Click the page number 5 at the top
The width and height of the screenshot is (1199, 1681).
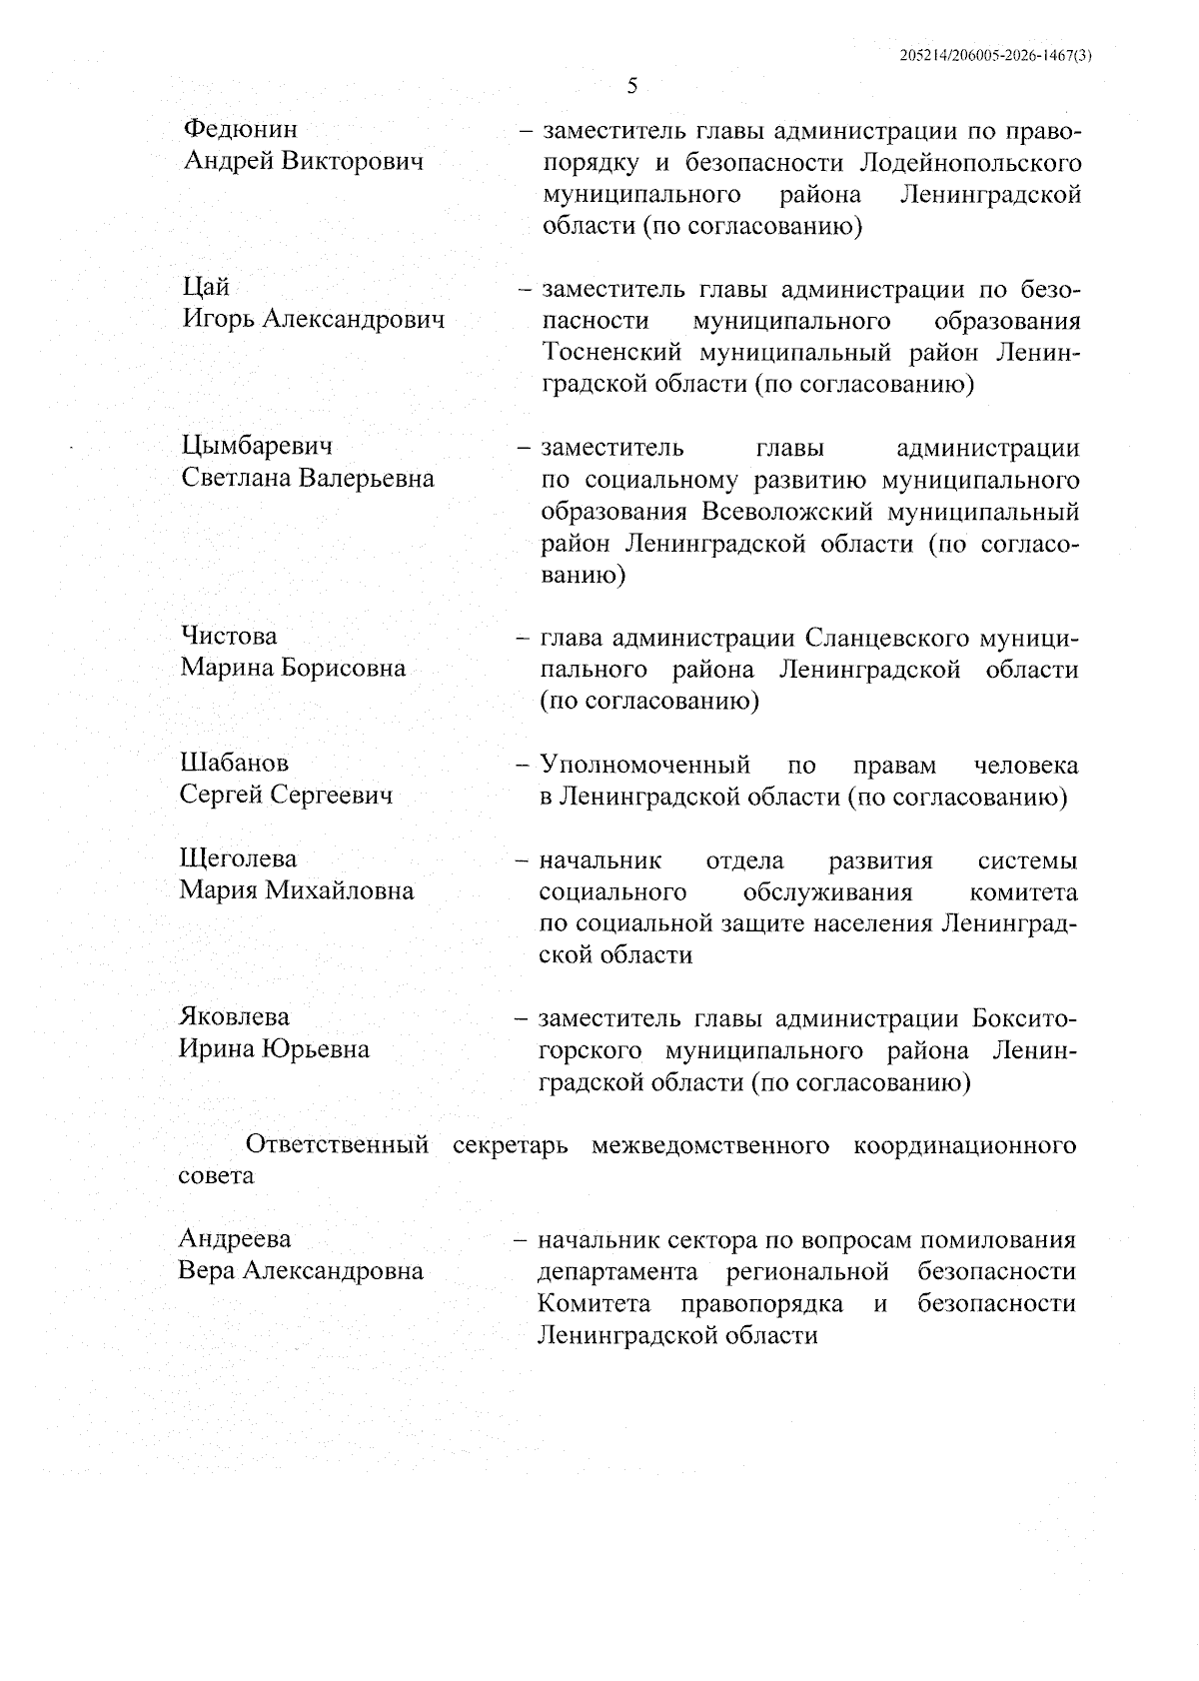(631, 85)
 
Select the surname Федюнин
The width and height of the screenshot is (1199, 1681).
(241, 130)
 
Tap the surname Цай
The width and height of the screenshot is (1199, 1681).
(206, 288)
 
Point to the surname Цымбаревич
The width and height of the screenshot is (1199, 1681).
(258, 446)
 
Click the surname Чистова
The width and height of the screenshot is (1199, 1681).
(230, 636)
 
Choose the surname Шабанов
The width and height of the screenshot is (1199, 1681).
(235, 763)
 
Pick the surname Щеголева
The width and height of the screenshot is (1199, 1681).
(239, 858)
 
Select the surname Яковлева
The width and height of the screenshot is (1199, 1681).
(235, 1016)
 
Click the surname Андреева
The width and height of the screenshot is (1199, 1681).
(235, 1239)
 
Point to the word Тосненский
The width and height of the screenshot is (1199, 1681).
(611, 352)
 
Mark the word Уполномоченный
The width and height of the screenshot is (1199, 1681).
(645, 766)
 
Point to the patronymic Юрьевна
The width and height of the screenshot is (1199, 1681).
(316, 1048)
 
